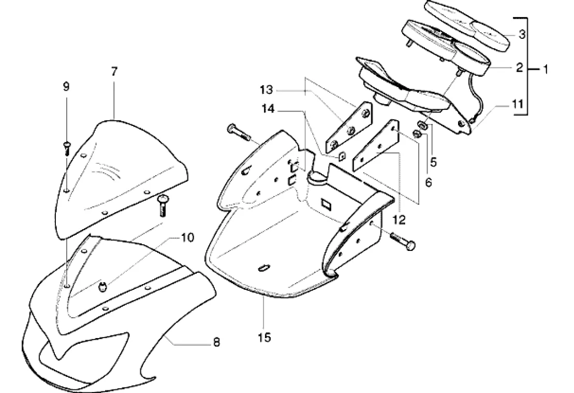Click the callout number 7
[114, 72]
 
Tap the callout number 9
[66, 87]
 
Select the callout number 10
[187, 238]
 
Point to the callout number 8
[216, 343]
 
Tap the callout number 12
[399, 220]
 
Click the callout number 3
[522, 35]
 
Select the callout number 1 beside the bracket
[545, 69]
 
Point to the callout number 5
[434, 162]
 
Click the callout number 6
[429, 182]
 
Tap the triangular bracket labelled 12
[376, 145]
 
